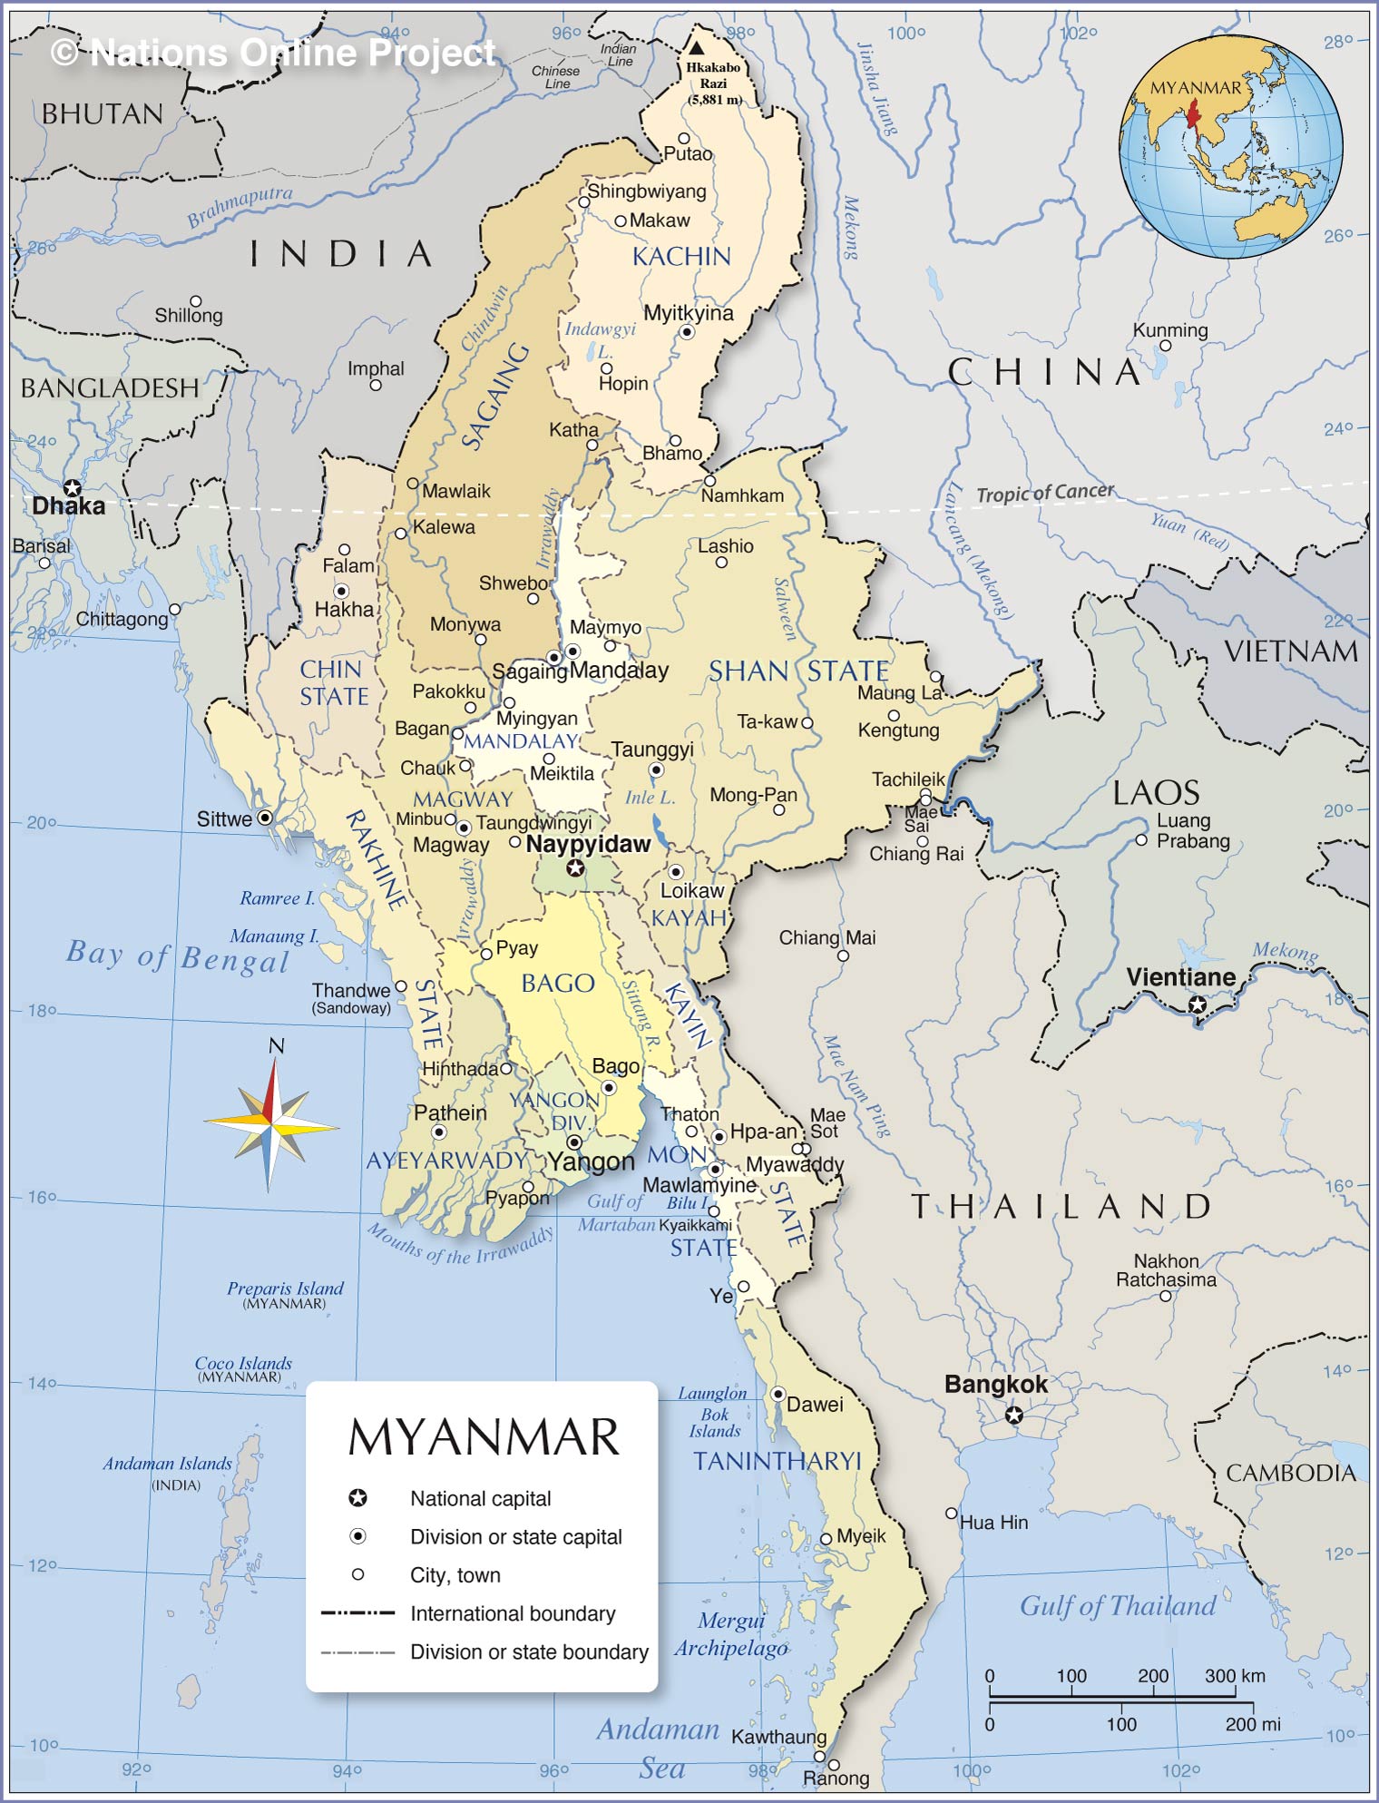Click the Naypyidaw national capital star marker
point(574,869)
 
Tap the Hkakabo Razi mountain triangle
point(696,48)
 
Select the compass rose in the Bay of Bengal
point(271,1125)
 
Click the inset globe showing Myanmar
point(1231,147)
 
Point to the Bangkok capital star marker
point(1014,1416)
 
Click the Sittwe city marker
point(265,818)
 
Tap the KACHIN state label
point(681,257)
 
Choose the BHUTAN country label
point(103,114)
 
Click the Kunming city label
point(1170,330)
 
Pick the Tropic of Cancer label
point(1045,493)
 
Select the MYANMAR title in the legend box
point(484,1437)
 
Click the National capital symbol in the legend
point(358,1498)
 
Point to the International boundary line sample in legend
point(358,1613)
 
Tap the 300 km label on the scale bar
point(1234,1676)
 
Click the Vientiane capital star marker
point(1198,1004)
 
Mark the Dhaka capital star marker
point(72,489)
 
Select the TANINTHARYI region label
point(778,1461)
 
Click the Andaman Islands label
point(167,1464)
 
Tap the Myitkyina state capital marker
point(688,332)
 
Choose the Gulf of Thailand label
point(1118,1606)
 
